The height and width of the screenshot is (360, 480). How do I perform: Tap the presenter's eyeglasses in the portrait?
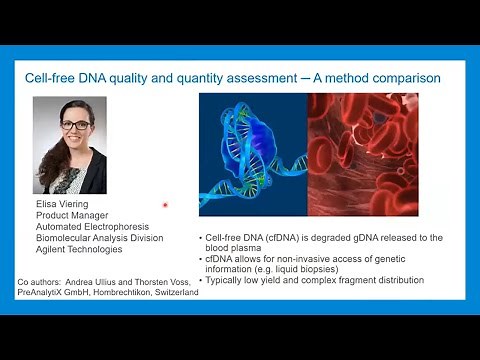pyautogui.click(x=76, y=125)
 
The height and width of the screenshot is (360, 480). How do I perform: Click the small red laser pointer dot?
pyautogui.click(x=165, y=205)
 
